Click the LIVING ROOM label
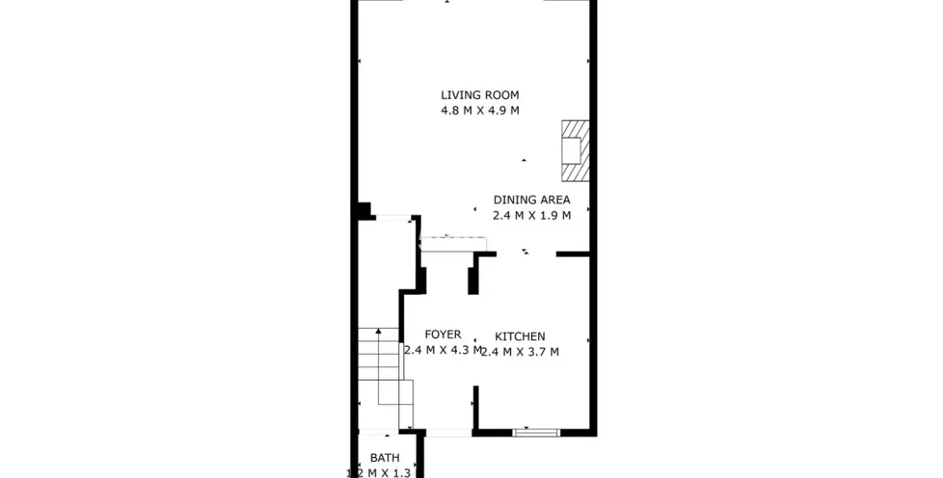point(479,95)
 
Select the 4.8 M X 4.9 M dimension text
point(479,111)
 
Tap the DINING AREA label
point(532,199)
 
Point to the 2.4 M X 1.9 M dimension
point(532,216)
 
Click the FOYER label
point(443,335)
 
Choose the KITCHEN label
point(520,336)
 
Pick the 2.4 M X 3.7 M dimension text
point(520,352)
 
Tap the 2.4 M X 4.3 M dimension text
point(442,351)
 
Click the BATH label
point(384,458)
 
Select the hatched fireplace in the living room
point(575,152)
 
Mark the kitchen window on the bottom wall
point(537,433)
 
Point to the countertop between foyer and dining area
point(453,244)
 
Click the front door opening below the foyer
point(448,433)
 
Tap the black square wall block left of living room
point(363,210)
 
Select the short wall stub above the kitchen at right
point(572,254)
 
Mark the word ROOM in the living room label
point(503,95)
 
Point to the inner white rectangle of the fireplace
point(571,151)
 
